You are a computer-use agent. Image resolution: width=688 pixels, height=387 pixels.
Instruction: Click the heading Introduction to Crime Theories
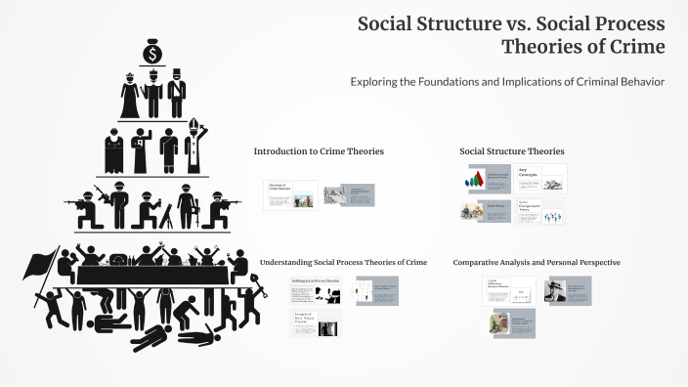[x=319, y=151]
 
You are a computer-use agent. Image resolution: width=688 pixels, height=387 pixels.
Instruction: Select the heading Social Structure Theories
[x=511, y=151]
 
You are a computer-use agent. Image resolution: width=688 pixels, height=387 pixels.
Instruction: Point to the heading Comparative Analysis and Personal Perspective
[x=537, y=262]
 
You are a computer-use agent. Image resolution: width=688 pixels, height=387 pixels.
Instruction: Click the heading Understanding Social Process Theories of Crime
[x=343, y=262]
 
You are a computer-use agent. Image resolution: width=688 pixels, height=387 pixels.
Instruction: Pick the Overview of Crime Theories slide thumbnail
[x=290, y=195]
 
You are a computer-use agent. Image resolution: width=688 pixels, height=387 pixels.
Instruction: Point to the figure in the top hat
[x=177, y=96]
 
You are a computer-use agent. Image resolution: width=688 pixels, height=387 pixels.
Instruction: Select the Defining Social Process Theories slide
[x=316, y=289]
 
